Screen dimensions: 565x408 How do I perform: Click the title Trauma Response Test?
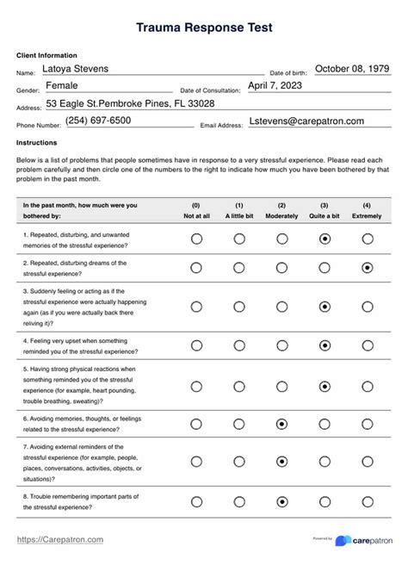pos(204,28)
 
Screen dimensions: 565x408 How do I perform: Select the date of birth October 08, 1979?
pos(352,69)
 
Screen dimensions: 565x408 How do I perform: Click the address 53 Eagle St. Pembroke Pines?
pos(130,103)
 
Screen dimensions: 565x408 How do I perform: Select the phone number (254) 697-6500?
pos(98,121)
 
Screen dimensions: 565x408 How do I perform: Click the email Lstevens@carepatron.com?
pos(306,121)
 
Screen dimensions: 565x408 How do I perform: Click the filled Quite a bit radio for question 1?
pos(325,239)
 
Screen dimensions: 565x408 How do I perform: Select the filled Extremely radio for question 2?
pos(368,267)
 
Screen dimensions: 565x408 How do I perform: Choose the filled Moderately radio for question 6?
pos(281,425)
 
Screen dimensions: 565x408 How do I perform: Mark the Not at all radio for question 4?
pos(196,345)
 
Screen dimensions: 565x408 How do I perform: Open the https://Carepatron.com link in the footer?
pos(60,540)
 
